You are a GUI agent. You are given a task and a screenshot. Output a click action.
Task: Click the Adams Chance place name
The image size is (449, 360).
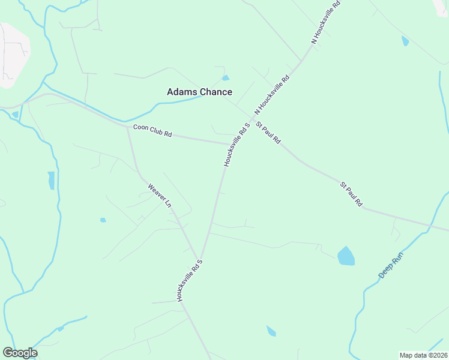[199, 92]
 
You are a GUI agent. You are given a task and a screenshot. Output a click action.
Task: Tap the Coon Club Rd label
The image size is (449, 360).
[152, 130]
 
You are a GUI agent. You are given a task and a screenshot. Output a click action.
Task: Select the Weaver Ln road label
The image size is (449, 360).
[160, 196]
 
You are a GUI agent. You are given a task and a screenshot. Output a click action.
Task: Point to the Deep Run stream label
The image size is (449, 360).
[391, 265]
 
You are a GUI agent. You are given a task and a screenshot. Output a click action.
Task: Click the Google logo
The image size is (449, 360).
[20, 353]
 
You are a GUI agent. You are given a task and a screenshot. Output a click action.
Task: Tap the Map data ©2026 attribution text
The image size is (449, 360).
[423, 355]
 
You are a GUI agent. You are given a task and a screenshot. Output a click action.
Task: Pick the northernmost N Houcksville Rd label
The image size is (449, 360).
[326, 22]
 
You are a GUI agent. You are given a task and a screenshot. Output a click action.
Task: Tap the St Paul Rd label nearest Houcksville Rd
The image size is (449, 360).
[268, 132]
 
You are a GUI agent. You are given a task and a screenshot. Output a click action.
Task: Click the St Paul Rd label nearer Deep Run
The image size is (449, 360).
[352, 194]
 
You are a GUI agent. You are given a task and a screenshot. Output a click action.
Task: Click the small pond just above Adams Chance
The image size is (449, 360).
[226, 77]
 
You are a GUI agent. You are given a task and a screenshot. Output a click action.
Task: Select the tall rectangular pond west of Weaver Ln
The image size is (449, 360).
[51, 180]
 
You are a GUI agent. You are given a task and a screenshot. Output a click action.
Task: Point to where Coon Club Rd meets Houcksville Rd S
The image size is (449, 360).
[229, 144]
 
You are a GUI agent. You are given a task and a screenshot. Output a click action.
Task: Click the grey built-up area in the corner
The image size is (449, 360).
[12, 54]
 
